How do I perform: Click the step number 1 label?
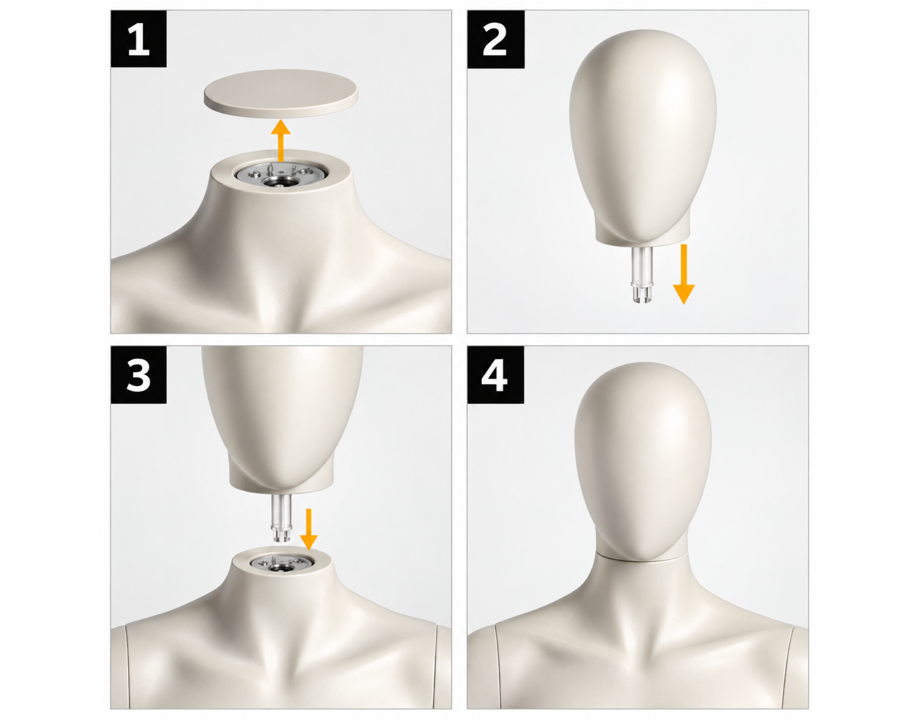[138, 39]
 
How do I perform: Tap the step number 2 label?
[496, 40]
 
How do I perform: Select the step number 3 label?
[138, 375]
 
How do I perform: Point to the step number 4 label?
[495, 375]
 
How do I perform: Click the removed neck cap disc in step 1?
[281, 93]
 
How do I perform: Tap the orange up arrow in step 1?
[280, 141]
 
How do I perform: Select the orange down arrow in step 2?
[684, 274]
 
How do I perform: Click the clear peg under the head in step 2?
[641, 274]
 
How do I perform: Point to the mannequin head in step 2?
[643, 136]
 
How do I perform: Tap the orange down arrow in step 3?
[308, 529]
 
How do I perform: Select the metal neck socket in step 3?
[282, 563]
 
